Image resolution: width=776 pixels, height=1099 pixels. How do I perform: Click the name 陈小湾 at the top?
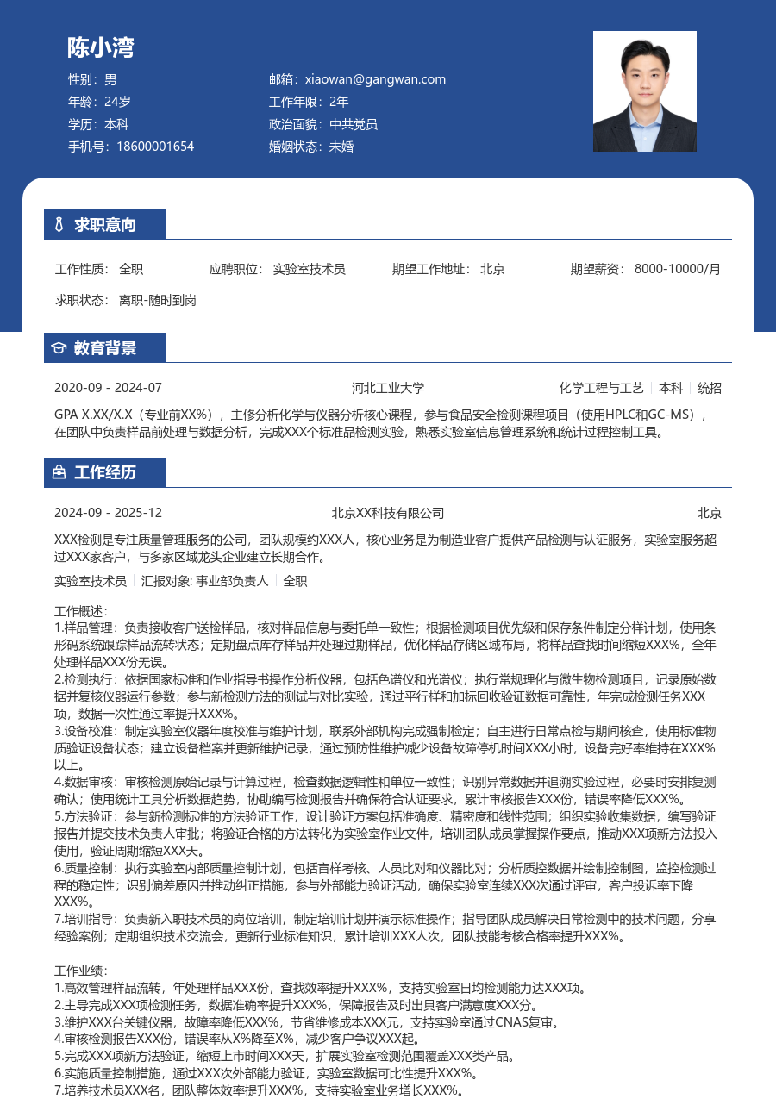pyautogui.click(x=101, y=47)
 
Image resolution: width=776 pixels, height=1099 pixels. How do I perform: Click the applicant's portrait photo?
pyautogui.click(x=644, y=91)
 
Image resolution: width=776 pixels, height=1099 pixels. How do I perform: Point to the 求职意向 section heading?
pyautogui.click(x=105, y=225)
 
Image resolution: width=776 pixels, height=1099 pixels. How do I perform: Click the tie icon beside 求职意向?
pyautogui.click(x=59, y=225)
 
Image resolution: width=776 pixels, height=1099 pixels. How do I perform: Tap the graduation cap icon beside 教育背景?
pyautogui.click(x=59, y=348)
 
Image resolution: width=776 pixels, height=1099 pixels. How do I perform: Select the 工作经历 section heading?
pyautogui.click(x=105, y=472)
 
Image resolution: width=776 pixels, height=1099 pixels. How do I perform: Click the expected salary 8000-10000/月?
pyautogui.click(x=678, y=269)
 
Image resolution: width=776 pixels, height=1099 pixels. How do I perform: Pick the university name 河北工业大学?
pyautogui.click(x=388, y=388)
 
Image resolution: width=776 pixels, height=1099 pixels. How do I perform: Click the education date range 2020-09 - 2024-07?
pyautogui.click(x=108, y=388)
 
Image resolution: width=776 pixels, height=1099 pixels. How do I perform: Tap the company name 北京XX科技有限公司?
pyautogui.click(x=388, y=513)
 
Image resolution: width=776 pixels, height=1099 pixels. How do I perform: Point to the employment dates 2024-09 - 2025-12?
pyautogui.click(x=108, y=513)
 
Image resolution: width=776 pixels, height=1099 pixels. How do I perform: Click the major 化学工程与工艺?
pyautogui.click(x=602, y=388)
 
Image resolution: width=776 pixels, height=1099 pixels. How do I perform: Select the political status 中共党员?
pyautogui.click(x=354, y=124)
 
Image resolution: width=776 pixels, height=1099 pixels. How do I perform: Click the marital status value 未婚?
pyautogui.click(x=341, y=147)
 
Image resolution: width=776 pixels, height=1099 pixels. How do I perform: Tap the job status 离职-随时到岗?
pyautogui.click(x=158, y=300)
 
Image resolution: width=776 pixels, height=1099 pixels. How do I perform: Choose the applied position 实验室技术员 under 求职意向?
pyautogui.click(x=310, y=269)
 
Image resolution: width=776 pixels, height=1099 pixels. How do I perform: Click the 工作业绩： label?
pyautogui.click(x=80, y=971)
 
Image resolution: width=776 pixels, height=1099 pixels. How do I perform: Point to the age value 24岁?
pyautogui.click(x=117, y=102)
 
